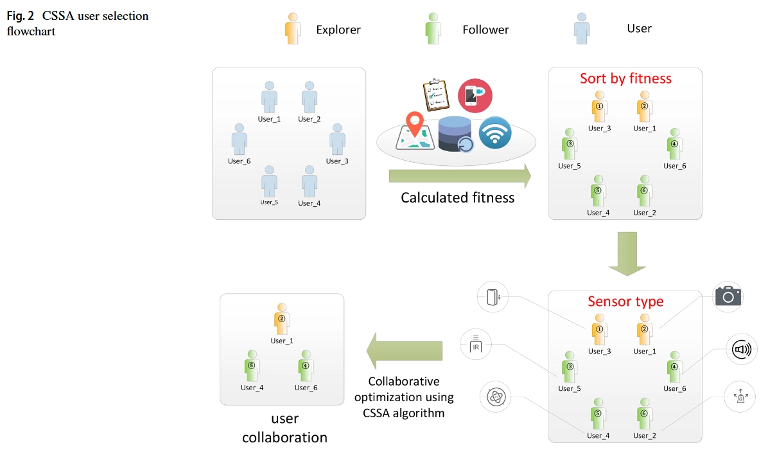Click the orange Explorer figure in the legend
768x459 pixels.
(x=292, y=28)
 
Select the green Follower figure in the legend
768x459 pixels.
(x=432, y=28)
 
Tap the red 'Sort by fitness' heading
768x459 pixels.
(x=625, y=78)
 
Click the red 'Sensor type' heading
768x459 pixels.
(x=625, y=301)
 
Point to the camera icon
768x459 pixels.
(x=728, y=296)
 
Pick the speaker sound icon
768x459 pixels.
(x=741, y=350)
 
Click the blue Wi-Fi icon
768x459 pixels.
(x=494, y=133)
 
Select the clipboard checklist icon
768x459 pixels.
(x=435, y=95)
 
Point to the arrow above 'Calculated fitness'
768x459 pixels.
(x=460, y=175)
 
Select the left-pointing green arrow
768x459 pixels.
(x=405, y=351)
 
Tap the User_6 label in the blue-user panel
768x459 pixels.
(x=239, y=161)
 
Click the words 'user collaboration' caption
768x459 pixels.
(x=284, y=428)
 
